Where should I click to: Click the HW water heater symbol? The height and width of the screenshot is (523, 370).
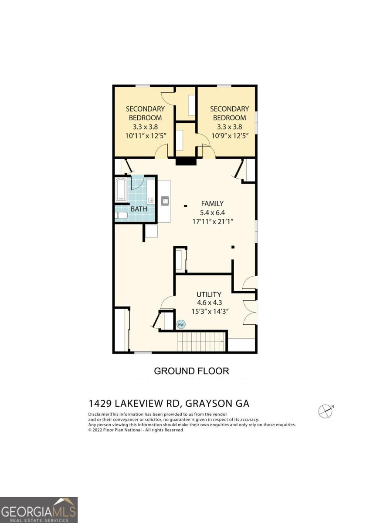click(x=181, y=324)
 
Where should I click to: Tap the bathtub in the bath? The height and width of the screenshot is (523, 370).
click(x=121, y=190)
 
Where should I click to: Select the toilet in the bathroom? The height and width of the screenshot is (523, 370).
click(x=122, y=215)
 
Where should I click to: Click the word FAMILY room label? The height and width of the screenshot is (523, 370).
click(x=212, y=203)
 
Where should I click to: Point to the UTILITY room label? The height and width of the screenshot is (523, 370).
click(x=208, y=294)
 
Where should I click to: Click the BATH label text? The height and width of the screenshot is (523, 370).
click(x=139, y=209)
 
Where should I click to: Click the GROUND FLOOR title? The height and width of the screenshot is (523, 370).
click(x=191, y=371)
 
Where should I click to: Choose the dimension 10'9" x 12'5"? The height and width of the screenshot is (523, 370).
click(x=229, y=136)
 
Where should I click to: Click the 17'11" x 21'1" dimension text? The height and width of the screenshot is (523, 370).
click(x=212, y=221)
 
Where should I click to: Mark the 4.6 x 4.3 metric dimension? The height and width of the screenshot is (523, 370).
click(x=208, y=303)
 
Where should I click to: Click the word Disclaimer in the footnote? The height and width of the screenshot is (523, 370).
click(x=99, y=414)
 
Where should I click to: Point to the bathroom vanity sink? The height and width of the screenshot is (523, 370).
click(x=150, y=200)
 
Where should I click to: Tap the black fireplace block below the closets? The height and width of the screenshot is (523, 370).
click(x=186, y=161)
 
